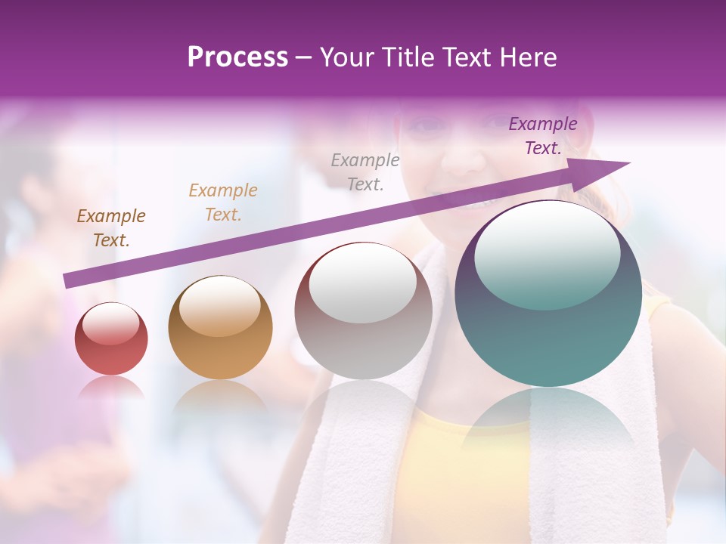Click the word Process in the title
237,57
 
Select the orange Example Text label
223,202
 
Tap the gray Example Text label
365,172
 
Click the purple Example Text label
543,136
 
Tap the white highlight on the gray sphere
363,284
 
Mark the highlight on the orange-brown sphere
219,306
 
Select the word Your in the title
345,57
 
